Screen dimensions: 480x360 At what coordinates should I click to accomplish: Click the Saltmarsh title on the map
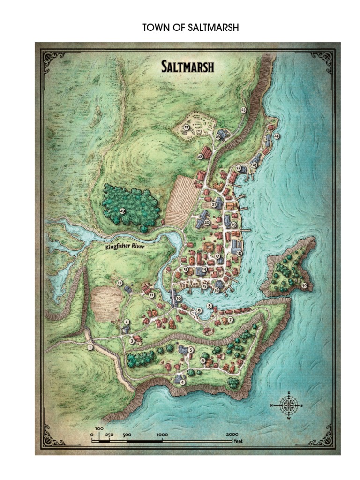(187, 67)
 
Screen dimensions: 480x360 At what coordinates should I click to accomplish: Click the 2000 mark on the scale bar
(232, 435)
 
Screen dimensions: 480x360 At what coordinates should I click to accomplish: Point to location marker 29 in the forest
(122, 211)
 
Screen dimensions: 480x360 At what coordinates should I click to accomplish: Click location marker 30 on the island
(304, 285)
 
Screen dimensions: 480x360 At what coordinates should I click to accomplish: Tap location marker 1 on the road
(90, 347)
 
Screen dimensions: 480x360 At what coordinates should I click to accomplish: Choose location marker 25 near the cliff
(243, 110)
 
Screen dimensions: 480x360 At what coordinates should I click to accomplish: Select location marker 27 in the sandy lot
(186, 127)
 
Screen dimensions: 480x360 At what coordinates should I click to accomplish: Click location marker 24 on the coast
(277, 136)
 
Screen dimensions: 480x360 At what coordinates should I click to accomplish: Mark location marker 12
(120, 283)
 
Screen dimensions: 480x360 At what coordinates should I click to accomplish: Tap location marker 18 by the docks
(239, 253)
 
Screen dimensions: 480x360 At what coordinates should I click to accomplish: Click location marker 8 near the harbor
(210, 306)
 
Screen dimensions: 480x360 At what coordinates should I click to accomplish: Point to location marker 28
(200, 156)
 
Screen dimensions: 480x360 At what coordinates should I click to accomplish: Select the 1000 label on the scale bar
(162, 435)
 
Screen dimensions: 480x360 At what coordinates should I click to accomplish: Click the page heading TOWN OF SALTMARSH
(191, 28)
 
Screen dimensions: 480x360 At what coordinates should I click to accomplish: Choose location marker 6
(203, 360)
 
